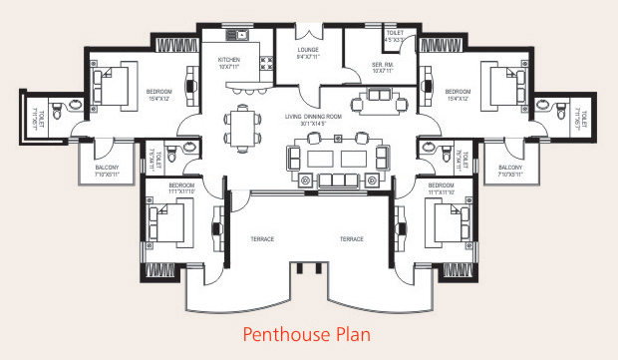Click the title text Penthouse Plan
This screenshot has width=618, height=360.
(x=307, y=333)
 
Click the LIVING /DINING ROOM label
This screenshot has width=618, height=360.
(x=308, y=120)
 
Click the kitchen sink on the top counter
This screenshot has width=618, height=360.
(x=238, y=36)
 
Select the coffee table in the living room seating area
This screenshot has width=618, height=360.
(x=330, y=159)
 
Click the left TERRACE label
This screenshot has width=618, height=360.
(x=262, y=239)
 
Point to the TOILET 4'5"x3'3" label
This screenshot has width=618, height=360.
(x=396, y=37)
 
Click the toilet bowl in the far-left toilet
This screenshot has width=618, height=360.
(x=58, y=111)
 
